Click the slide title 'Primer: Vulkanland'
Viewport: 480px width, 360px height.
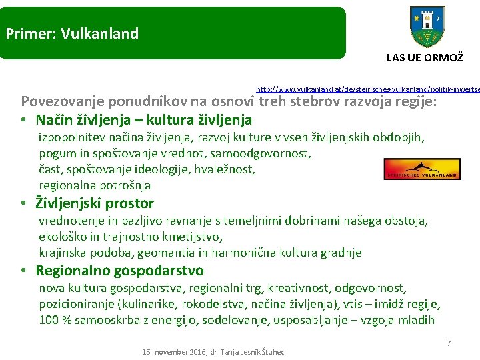coord(72,33)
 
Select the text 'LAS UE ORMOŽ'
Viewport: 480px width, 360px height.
coord(425,58)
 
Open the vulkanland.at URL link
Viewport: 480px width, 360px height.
coord(367,88)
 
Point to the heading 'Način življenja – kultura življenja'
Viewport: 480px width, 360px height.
coord(143,120)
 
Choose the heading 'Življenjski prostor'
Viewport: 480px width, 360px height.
coord(95,203)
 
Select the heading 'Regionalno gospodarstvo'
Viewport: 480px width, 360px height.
coord(119,271)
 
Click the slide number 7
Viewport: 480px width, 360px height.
coord(449,343)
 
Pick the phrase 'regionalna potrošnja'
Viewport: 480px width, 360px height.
coord(95,185)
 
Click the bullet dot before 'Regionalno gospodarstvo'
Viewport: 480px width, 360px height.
coord(23,271)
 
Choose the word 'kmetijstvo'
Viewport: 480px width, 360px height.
coord(192,237)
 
